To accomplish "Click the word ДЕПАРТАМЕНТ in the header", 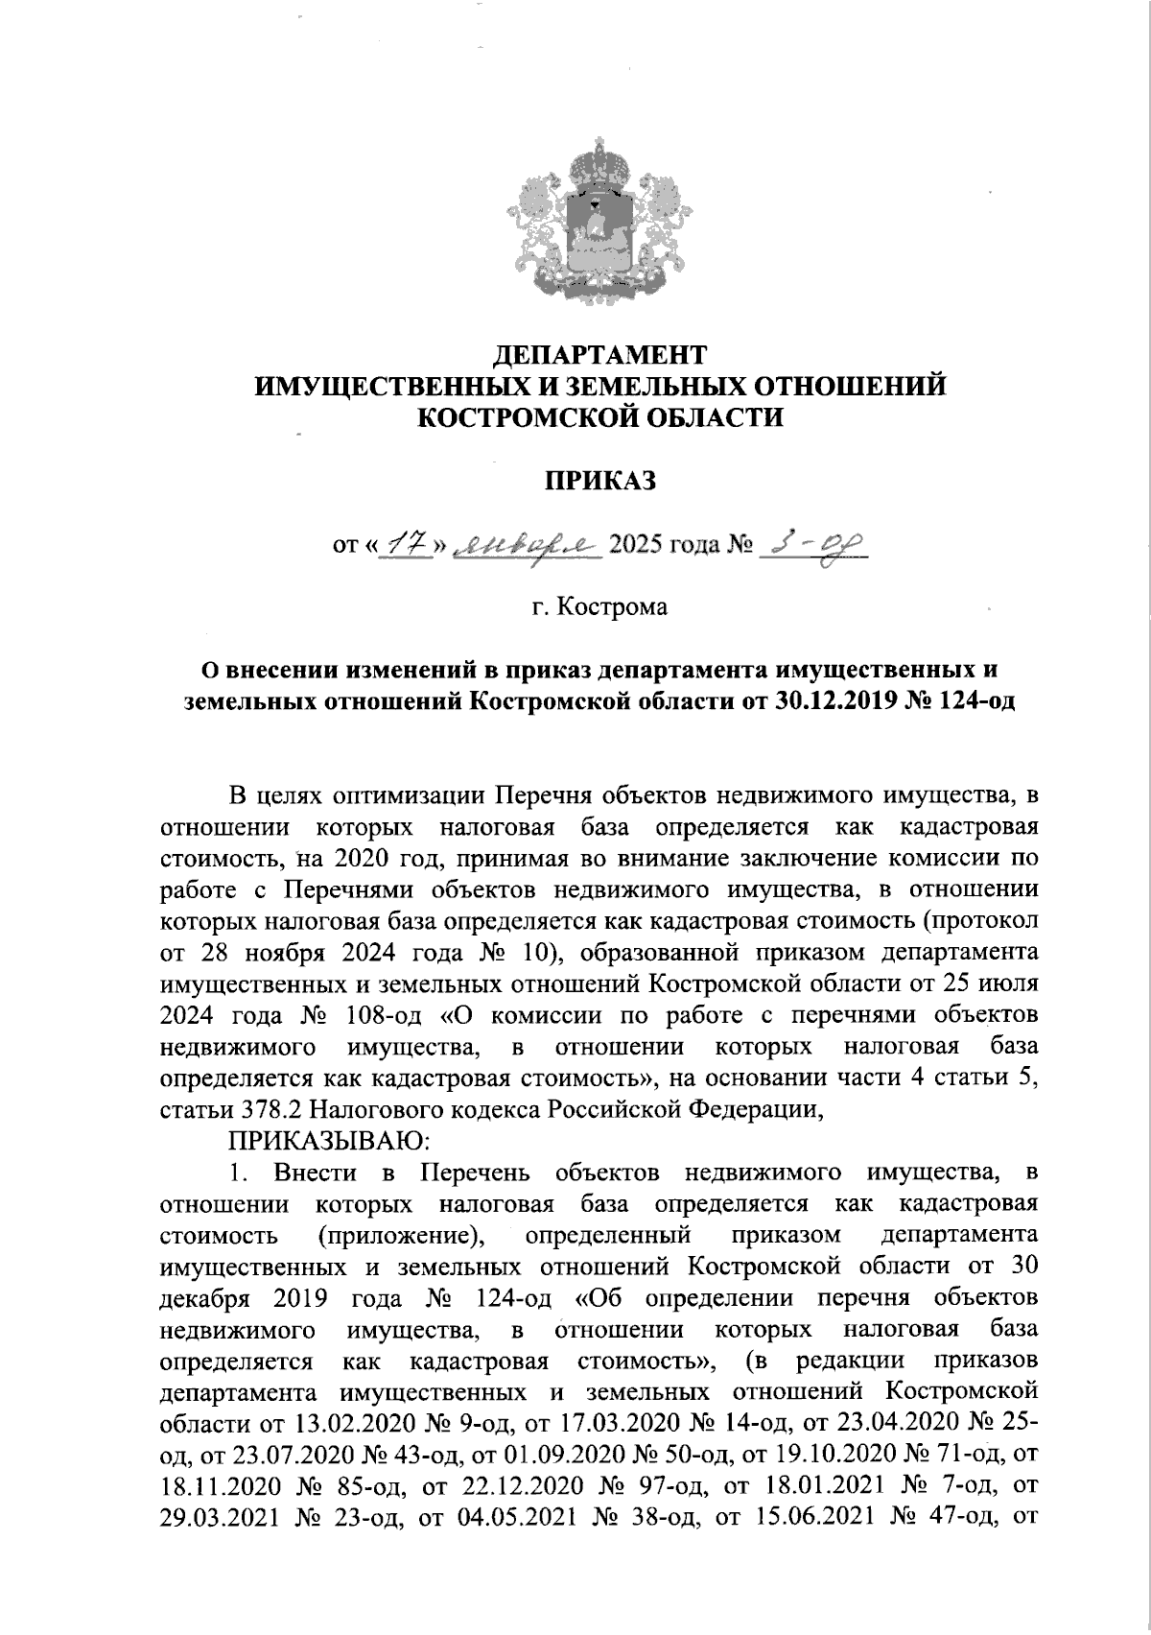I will (599, 355).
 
